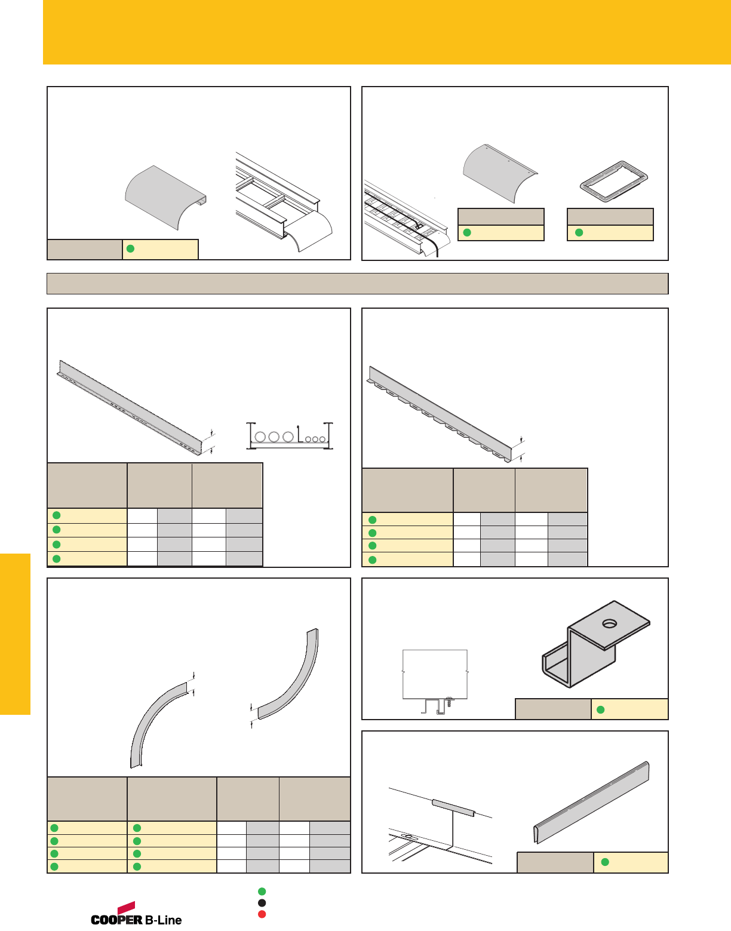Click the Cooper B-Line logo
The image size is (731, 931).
tap(136, 915)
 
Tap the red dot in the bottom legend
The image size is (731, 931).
tap(262, 914)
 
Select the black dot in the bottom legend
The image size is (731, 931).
tap(262, 903)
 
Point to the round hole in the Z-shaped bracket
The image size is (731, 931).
tap(610, 623)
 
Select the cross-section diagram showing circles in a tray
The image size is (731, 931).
tap(290, 435)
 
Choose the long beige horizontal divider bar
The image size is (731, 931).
tap(357, 284)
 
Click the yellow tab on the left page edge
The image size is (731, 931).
tap(15, 634)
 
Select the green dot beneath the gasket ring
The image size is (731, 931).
tap(579, 233)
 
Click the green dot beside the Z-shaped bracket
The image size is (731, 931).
tap(601, 709)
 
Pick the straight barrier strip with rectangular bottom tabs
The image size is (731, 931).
tap(442, 414)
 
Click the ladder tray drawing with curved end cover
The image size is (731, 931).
tap(284, 203)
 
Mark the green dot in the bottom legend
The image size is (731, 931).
tap(262, 892)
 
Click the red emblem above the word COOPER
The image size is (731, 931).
tap(126, 908)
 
